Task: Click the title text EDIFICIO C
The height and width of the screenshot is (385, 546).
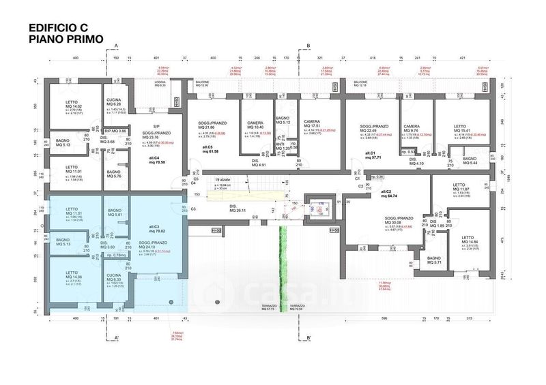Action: coord(58,29)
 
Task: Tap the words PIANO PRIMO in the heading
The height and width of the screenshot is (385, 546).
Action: coord(66,40)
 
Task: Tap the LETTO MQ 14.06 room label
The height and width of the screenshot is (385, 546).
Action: coord(73,276)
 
